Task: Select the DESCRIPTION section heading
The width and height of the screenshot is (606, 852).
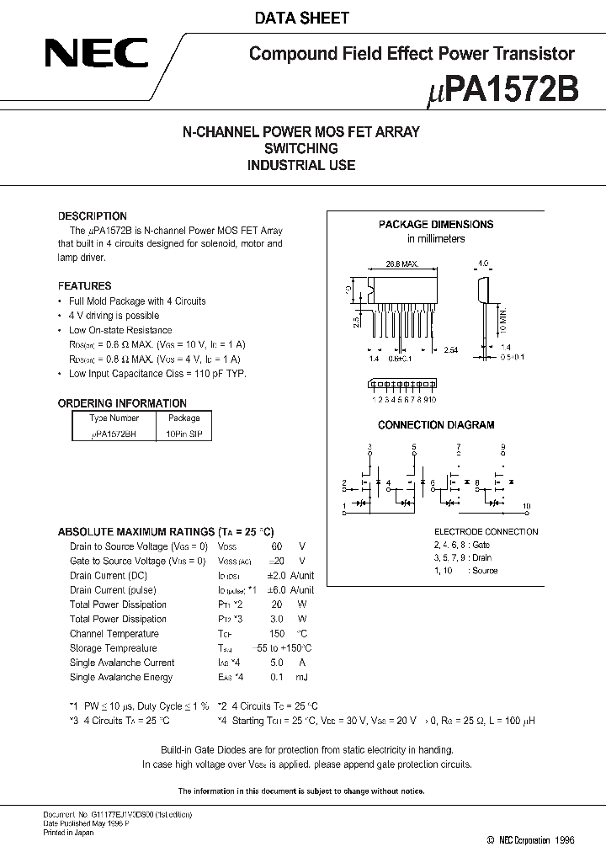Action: [92, 216]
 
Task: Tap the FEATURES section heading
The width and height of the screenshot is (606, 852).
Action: [84, 286]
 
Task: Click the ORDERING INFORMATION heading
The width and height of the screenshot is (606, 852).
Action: [122, 403]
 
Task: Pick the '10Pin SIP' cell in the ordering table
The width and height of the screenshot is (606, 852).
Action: [183, 433]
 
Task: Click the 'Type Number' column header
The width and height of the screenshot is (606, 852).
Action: [114, 418]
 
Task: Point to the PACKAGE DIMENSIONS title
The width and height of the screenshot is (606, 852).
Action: [435, 225]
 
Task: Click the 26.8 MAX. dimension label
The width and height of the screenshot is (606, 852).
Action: [404, 264]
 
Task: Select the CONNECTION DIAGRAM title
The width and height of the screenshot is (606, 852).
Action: [435, 425]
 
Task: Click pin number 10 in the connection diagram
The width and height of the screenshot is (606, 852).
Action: [526, 506]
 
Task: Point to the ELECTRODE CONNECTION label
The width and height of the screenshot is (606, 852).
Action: [486, 532]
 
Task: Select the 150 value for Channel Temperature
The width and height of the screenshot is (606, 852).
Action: [277, 634]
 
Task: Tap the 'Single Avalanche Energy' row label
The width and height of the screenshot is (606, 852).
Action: [121, 677]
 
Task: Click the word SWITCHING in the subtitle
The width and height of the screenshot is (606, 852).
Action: [301, 148]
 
